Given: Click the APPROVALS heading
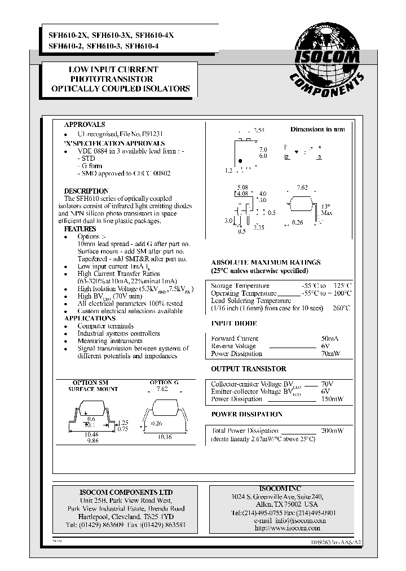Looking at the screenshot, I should pyautogui.click(x=85, y=125).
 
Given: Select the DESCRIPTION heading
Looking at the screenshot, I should pyautogui.click(x=86, y=191).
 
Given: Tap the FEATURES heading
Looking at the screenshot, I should pyautogui.click(x=80, y=229).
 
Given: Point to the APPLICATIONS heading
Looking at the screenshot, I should pyautogui.click(x=86, y=318).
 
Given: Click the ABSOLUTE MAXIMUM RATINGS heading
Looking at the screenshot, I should pyautogui.click(x=266, y=262).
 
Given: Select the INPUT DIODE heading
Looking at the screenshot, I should pyautogui.click(x=233, y=323).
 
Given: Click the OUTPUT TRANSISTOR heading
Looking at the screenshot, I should pyautogui.click(x=248, y=368).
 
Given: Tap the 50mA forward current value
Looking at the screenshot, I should pyautogui.click(x=330, y=339).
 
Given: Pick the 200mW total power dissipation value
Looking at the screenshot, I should pyautogui.click(x=332, y=431).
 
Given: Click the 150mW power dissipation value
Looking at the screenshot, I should pyautogui.click(x=332, y=399).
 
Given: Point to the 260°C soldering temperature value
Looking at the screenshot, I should pyautogui.click(x=341, y=308).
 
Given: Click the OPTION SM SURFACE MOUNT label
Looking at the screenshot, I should pyautogui.click(x=93, y=385).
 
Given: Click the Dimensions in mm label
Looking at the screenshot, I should pyautogui.click(x=317, y=129).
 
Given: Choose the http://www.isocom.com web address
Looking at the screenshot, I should pyautogui.click(x=287, y=528).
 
